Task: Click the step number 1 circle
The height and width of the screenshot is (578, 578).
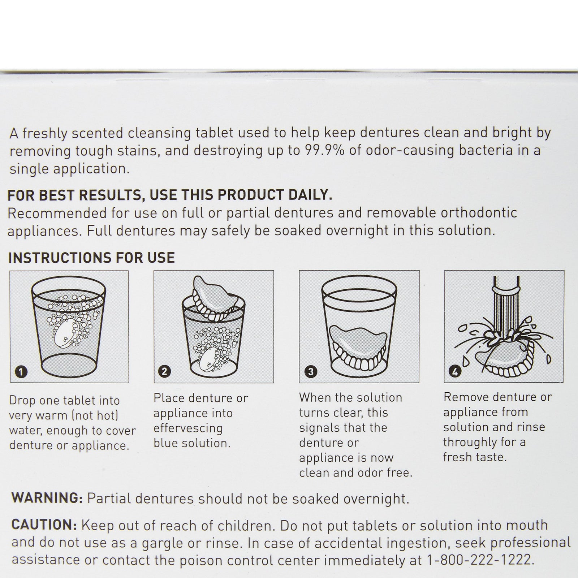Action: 22,372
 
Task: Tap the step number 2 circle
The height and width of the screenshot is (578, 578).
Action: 165,372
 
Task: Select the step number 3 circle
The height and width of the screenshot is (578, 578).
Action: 311,372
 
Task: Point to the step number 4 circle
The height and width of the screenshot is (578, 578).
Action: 455,372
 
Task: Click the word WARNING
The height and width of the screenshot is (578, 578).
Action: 47,498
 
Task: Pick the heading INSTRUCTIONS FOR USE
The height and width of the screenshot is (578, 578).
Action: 91,258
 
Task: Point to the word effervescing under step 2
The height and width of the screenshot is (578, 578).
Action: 188,428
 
